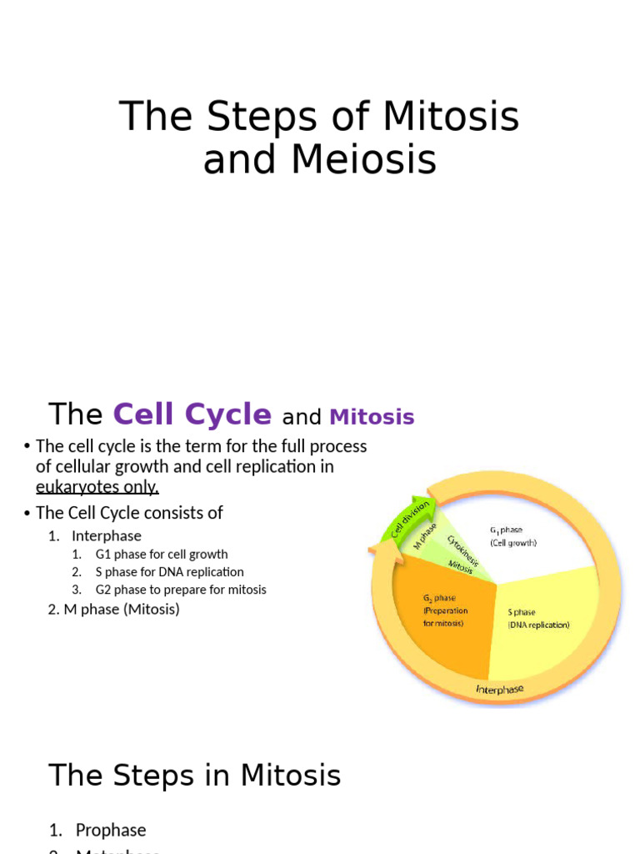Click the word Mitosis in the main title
[x=451, y=117]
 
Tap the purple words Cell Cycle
[x=192, y=414]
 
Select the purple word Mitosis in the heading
[x=372, y=417]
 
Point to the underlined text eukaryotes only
[x=97, y=487]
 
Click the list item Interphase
[x=106, y=536]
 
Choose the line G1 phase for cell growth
[x=161, y=555]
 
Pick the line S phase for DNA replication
[x=169, y=572]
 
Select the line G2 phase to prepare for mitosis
[x=181, y=590]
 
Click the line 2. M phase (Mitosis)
[x=114, y=610]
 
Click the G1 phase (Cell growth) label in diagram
[x=513, y=536]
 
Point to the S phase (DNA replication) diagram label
[x=538, y=618]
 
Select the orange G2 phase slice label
[x=443, y=610]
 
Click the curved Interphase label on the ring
[x=499, y=689]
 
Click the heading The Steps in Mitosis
[x=194, y=776]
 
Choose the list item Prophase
[x=110, y=831]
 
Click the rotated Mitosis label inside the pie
[x=460, y=567]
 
